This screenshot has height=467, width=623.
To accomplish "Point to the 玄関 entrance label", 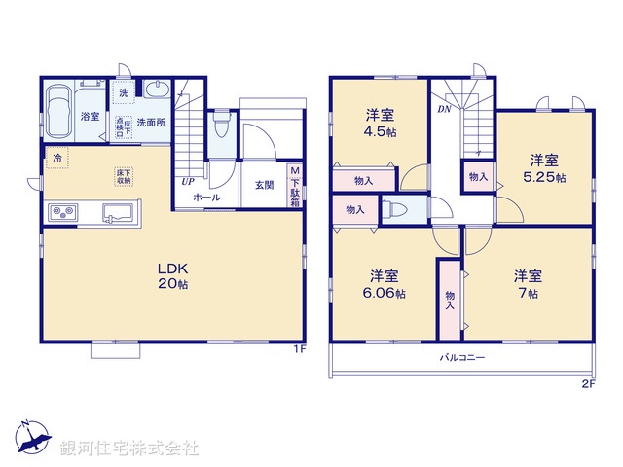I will click(x=265, y=185).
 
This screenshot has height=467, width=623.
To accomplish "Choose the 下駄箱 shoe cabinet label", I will click(x=294, y=185).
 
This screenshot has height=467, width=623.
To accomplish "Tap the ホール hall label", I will click(x=205, y=198).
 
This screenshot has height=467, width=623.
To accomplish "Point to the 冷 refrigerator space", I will click(x=59, y=157).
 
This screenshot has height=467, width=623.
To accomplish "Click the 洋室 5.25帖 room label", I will click(x=545, y=168).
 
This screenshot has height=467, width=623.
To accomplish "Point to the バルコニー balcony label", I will click(x=461, y=358).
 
